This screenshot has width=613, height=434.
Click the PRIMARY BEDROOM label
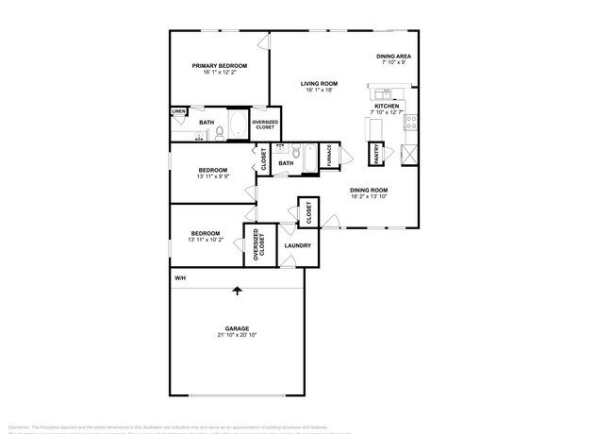pos(219,65)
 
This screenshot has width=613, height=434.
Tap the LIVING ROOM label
pos(320,84)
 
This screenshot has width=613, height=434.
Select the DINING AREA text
pos(391,57)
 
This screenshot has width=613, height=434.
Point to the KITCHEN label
pos(388,106)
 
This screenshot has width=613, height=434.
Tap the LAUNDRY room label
pos(298,247)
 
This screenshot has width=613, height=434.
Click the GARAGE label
pos(237,328)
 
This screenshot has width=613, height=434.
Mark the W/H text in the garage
pos(179,279)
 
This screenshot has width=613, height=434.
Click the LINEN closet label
pos(178,112)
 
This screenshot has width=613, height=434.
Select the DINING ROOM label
pos(369,190)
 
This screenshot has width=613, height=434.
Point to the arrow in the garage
pos(237,292)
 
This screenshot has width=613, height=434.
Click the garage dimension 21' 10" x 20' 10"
pos(237,336)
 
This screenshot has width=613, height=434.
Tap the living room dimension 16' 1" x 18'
pos(320,92)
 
